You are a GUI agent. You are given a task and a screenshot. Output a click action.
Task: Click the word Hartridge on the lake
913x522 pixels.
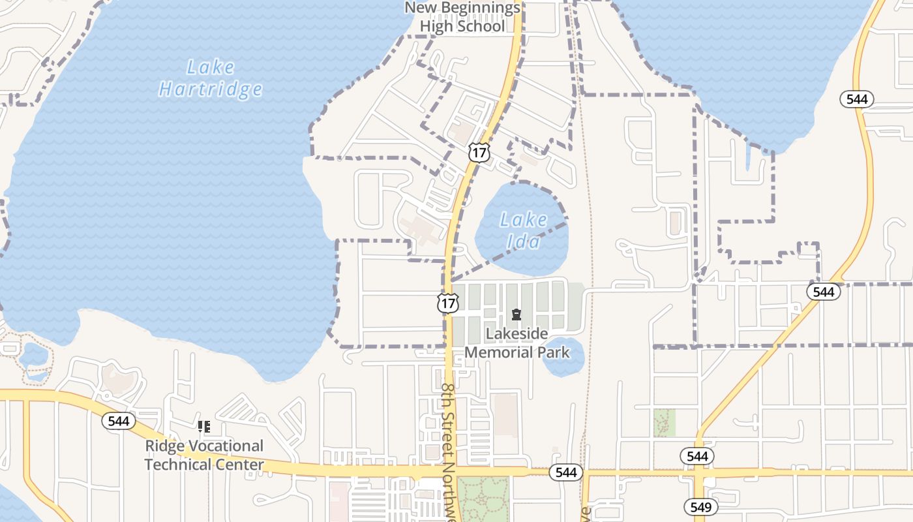pos(210,89)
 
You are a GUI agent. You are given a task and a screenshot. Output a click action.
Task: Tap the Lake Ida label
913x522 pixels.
pos(523,230)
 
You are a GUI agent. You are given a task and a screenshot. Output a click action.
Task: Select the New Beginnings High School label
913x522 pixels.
pos(462,18)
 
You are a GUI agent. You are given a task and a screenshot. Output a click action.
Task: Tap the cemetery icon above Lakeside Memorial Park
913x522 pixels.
pos(516,315)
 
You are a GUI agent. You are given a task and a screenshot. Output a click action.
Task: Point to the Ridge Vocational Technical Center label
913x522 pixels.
pos(204,455)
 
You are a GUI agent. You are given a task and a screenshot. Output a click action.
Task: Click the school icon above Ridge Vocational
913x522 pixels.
pos(204,427)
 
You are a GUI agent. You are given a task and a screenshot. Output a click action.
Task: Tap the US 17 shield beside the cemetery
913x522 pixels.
pos(448,303)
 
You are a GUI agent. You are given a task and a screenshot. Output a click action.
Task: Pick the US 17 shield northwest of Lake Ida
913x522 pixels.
pos(479,153)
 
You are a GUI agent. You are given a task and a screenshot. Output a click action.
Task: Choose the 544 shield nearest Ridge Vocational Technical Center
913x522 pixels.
pos(119,421)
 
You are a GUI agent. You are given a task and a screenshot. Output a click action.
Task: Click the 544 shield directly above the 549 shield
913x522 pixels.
pos(697,455)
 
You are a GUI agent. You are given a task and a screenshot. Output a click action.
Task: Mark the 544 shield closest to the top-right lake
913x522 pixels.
pos(856,99)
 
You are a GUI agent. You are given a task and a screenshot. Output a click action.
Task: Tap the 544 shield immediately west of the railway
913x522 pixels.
pos(565,472)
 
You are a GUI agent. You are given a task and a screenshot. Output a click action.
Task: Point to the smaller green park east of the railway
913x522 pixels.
pos(665,423)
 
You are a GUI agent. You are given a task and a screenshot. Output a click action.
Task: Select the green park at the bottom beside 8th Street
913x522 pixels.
pos(483,499)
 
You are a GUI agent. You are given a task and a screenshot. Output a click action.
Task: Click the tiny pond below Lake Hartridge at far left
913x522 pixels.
pos(33,356)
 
